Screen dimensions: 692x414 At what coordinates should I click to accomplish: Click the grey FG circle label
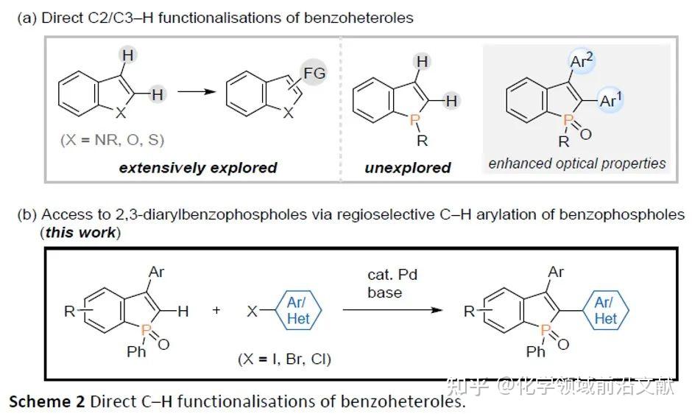[x=314, y=73]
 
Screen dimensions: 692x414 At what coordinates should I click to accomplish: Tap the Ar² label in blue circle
[x=582, y=61]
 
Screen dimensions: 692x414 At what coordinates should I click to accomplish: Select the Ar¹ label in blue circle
[x=610, y=100]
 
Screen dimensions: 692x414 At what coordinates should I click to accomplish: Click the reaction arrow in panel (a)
[x=197, y=92]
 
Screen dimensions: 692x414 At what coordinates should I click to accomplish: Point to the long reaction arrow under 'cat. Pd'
[x=393, y=309]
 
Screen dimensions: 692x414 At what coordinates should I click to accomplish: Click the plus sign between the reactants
[x=216, y=310]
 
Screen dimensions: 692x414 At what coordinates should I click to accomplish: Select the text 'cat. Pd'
[x=392, y=275]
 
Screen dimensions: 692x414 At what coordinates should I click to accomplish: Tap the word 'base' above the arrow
[x=384, y=292]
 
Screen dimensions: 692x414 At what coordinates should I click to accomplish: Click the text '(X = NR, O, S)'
[x=112, y=140]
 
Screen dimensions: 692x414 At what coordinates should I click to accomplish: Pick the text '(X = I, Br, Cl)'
[x=284, y=359]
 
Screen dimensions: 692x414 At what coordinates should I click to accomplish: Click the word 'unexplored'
[x=408, y=168]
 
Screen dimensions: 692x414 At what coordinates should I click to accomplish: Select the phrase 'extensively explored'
[x=198, y=168]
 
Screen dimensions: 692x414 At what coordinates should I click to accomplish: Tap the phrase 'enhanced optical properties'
[x=577, y=164]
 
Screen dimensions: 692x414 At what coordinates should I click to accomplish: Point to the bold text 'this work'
[x=80, y=232]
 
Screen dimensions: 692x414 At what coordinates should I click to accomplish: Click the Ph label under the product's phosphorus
[x=536, y=351]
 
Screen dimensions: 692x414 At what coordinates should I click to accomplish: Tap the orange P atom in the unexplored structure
[x=414, y=119]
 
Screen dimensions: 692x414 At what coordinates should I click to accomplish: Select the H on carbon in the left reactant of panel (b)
[x=183, y=312]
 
